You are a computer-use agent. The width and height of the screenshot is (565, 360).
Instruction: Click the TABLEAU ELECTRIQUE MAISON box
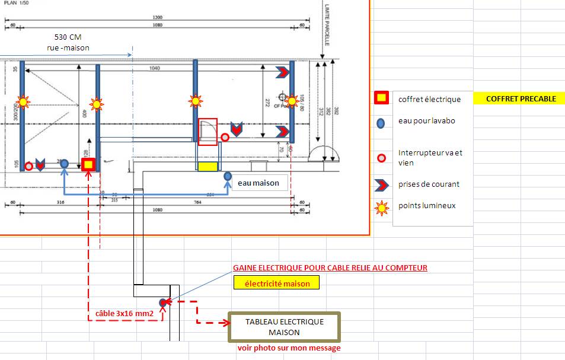(285, 327)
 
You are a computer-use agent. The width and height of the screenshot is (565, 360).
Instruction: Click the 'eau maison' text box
(258, 183)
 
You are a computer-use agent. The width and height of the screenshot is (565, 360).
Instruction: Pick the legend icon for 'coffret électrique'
(381, 98)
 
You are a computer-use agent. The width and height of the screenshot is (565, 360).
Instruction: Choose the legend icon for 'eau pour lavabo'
(381, 123)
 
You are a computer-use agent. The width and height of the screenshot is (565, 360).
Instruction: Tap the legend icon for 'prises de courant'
(381, 184)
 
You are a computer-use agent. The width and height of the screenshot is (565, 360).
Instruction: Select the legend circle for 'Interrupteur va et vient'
(381, 158)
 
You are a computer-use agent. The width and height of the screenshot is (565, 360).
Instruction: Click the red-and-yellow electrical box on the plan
(88, 164)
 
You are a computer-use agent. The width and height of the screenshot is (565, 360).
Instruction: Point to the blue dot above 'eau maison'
(227, 176)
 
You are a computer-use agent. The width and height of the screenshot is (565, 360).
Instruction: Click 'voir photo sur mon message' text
(289, 348)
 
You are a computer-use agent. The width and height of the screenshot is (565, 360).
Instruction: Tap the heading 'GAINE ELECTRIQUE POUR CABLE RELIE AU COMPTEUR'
(330, 268)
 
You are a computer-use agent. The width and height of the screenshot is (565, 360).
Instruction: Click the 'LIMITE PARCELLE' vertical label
(327, 24)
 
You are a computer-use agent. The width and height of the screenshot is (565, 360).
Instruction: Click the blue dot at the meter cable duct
(163, 302)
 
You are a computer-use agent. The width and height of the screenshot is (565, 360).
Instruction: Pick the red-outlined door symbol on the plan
(208, 132)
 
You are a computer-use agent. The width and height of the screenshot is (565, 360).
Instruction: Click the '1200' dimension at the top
(157, 17)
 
